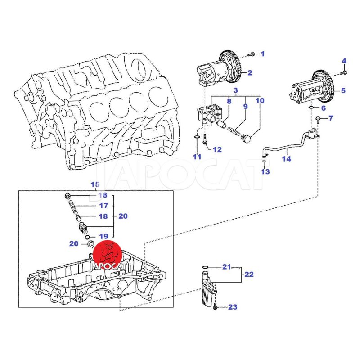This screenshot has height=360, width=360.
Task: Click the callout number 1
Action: click(x=263, y=54)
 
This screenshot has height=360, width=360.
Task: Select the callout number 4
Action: click(x=344, y=61)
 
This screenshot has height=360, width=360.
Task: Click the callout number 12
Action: click(x=217, y=149)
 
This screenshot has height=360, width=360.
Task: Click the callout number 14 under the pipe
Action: click(x=287, y=158)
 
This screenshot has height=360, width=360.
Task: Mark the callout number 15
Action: click(x=94, y=184)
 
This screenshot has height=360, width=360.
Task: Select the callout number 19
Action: click(x=103, y=236)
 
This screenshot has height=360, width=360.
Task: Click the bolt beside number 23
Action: click(x=215, y=307)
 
